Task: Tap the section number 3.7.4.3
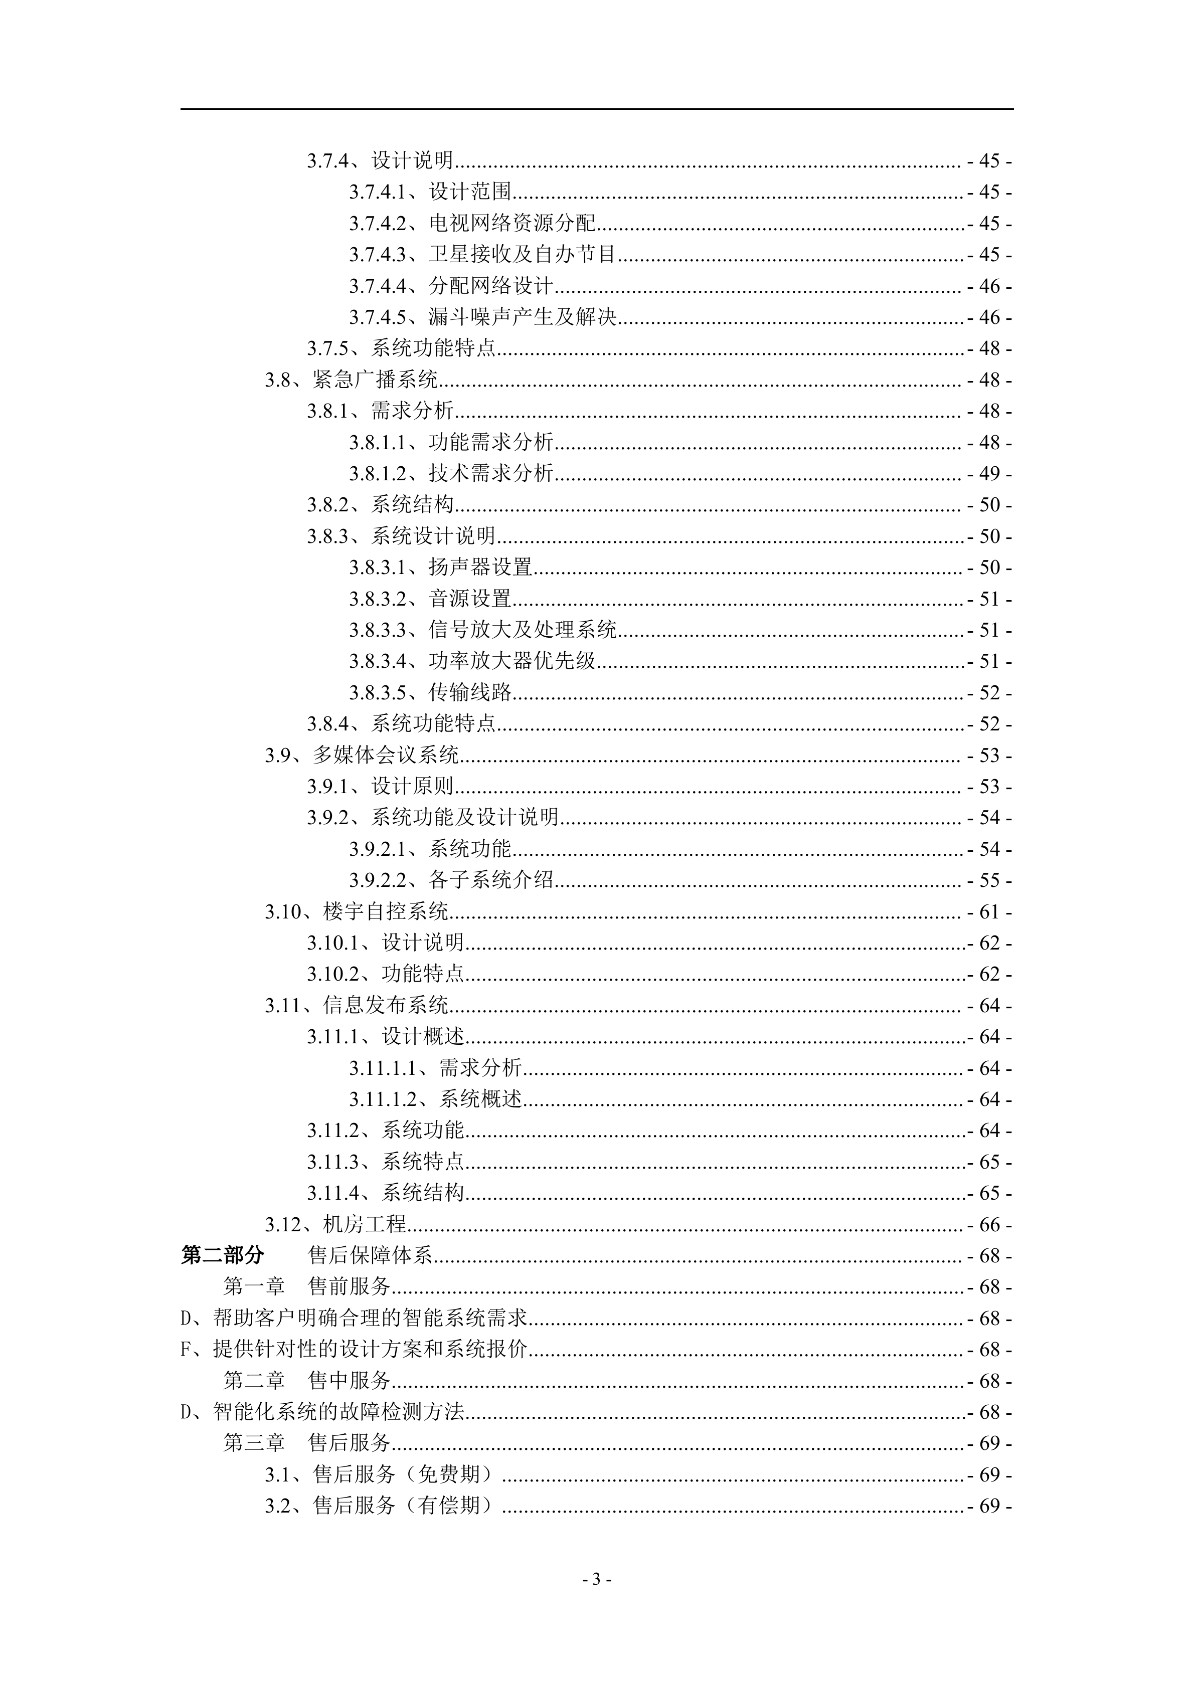coord(377,254)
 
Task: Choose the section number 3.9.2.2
coord(377,880)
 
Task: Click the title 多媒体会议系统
coord(385,755)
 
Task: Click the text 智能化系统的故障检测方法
coord(338,1412)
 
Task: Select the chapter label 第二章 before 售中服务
coord(254,1381)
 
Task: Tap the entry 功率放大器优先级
coord(511,661)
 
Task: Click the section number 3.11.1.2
coord(382,1099)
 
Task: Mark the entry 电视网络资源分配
coord(511,223)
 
